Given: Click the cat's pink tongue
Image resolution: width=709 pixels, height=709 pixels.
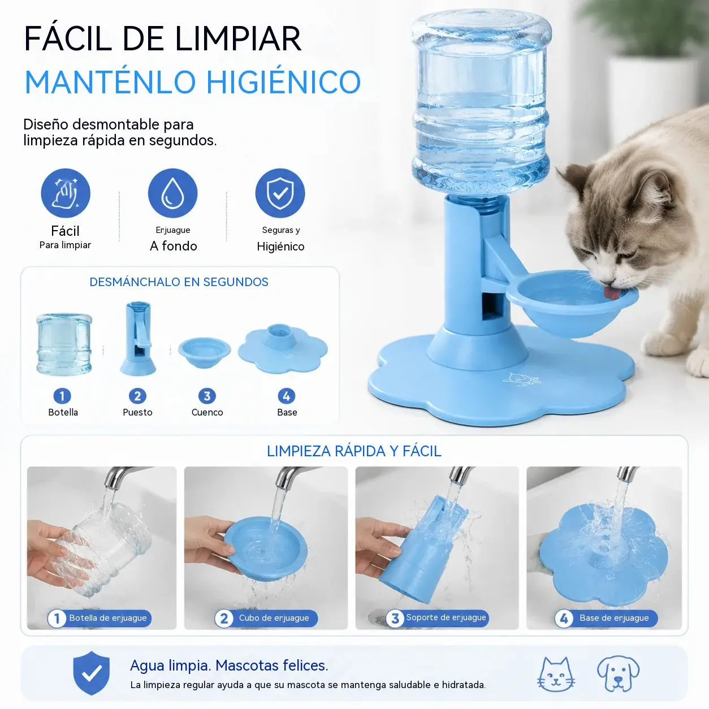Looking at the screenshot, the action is [612, 293].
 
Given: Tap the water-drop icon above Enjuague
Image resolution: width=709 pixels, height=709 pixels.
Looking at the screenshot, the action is [173, 193].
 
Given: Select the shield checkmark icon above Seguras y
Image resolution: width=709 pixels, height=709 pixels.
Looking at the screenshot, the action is [280, 193].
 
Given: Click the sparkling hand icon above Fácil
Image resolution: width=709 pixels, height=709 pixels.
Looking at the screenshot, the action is [66, 193].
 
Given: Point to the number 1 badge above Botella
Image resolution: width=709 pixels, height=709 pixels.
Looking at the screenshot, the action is [62, 396].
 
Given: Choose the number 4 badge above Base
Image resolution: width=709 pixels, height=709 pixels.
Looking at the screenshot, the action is [287, 396].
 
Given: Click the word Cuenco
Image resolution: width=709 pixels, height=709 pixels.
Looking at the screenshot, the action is [207, 412].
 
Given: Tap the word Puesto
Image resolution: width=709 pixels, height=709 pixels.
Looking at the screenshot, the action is [137, 412].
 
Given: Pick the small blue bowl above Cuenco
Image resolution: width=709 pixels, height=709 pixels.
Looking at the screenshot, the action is [205, 352].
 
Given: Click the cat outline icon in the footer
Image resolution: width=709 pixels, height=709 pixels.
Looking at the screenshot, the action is [556, 674].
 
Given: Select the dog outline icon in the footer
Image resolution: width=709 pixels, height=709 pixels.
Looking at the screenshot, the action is [618, 673].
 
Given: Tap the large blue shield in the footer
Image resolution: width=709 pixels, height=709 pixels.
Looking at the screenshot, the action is [92, 673].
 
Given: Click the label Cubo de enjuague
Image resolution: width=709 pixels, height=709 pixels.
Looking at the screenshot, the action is [274, 618].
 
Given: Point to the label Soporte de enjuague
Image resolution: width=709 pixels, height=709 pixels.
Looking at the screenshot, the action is [446, 617].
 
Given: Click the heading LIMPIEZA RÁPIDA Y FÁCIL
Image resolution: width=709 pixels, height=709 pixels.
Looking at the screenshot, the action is [354, 451].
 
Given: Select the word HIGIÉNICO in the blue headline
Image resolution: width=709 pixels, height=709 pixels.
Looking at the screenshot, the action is [284, 81].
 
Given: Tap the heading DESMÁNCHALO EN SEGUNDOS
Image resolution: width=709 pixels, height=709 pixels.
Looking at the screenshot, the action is [179, 282].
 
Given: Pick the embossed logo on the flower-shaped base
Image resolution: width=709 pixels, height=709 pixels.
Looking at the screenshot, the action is [522, 379].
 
